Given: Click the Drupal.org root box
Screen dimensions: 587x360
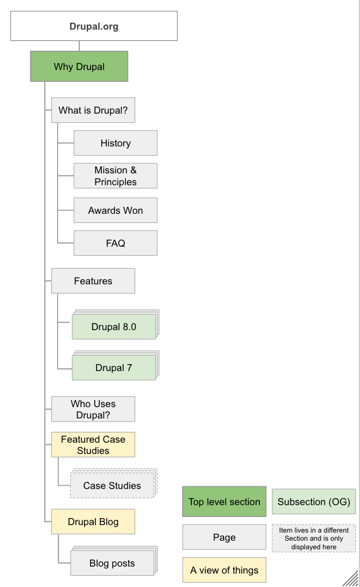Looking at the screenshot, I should [x=94, y=26].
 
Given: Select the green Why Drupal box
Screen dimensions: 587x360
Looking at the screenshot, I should [x=79, y=67].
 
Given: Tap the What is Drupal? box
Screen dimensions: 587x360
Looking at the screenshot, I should [x=93, y=111].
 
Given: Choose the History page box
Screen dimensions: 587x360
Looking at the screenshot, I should [x=115, y=143].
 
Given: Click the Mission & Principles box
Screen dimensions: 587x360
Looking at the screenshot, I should [x=115, y=176].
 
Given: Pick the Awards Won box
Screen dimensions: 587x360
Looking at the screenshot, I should [x=115, y=210].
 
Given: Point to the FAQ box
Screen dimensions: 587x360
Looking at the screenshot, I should [x=115, y=243].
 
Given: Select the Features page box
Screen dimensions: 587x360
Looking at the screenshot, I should [x=93, y=281].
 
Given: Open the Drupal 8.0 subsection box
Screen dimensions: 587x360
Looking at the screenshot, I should [x=114, y=327].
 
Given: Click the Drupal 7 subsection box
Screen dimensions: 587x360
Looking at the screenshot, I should [x=114, y=368].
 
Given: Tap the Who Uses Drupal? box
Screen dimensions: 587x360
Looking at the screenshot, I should [x=93, y=409].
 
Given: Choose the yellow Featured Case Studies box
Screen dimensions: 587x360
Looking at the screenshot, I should [x=93, y=445].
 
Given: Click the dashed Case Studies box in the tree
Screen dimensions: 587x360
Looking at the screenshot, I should [x=112, y=486].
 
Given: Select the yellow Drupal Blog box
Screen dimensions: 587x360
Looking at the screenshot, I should [x=93, y=522].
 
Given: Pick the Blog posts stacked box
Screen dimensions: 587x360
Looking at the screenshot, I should [x=112, y=564].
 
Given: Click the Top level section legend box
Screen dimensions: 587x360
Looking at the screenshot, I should [x=224, y=502].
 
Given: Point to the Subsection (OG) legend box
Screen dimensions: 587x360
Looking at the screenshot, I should [x=314, y=502].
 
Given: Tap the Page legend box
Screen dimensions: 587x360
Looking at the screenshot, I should [x=224, y=537].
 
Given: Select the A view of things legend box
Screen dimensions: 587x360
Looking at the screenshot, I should [x=224, y=570].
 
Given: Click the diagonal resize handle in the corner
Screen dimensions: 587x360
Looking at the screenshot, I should [x=351, y=578].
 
